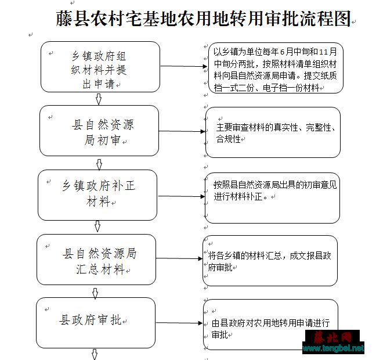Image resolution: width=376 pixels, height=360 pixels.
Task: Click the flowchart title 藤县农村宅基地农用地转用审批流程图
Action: click(203, 19)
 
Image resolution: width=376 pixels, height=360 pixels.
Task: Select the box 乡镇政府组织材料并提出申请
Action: click(100, 67)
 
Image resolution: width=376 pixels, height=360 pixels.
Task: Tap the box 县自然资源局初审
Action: click(99, 131)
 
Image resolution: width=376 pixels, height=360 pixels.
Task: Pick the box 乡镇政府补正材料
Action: click(97, 195)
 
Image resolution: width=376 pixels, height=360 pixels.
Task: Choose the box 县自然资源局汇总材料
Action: click(96, 260)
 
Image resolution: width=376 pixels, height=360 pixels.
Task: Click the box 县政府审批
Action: click(96, 323)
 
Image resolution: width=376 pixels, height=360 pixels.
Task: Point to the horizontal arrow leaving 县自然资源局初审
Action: click(182, 131)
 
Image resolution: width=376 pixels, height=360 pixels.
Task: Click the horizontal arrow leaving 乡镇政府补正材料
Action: click(181, 196)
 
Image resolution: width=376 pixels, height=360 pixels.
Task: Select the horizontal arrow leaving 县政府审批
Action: click(179, 323)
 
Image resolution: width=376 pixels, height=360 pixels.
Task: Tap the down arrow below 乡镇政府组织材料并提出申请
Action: click(99, 99)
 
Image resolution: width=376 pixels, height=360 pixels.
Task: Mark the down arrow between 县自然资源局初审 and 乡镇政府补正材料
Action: click(99, 164)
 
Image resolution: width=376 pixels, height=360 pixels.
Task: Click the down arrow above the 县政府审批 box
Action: click(95, 293)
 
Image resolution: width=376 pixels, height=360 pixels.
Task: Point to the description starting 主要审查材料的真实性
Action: click(276, 133)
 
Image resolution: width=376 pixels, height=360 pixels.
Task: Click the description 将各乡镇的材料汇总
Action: click(270, 261)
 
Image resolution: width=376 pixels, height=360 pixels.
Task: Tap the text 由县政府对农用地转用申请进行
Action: click(271, 323)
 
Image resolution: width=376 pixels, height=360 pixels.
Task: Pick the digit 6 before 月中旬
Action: click(282, 52)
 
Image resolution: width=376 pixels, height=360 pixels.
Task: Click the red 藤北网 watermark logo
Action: click(332, 337)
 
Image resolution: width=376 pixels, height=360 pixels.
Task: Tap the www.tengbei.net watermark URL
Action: click(333, 348)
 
